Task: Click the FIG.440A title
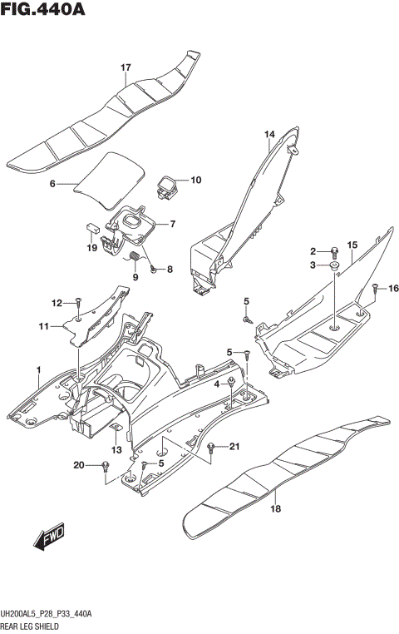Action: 43,12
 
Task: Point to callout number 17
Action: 126,67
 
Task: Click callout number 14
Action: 269,134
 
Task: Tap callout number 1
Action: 37,369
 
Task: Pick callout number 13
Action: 117,450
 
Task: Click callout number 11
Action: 43,326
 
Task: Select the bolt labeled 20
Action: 106,465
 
